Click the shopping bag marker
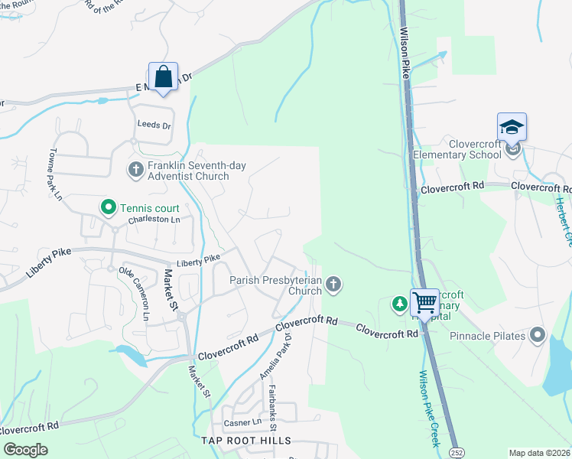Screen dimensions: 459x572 click(x=163, y=77)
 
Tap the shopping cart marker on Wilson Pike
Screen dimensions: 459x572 click(x=424, y=302)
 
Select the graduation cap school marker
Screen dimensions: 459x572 click(x=512, y=127)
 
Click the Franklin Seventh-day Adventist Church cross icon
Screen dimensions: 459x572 click(x=136, y=169)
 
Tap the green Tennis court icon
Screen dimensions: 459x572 click(x=109, y=207)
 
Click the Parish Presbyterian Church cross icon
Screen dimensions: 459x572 click(x=333, y=285)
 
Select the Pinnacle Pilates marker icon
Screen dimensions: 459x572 click(x=538, y=335)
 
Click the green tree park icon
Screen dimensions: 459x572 click(x=399, y=304)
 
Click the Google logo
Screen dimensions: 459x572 click(x=26, y=450)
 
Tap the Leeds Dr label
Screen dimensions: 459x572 click(x=154, y=125)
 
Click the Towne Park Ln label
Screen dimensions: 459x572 click(x=56, y=174)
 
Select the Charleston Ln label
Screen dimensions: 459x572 click(x=154, y=220)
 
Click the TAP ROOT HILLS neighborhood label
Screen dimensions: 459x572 click(x=245, y=441)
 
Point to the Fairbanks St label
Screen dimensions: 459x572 click(x=271, y=402)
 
